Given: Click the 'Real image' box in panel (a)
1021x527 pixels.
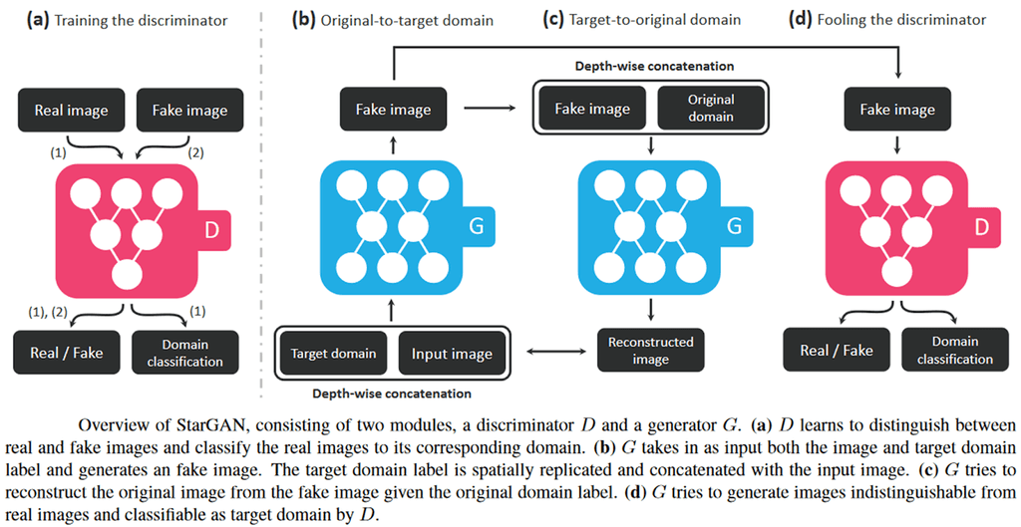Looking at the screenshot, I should coord(71,111).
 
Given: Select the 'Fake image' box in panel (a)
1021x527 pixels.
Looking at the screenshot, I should coord(189,111).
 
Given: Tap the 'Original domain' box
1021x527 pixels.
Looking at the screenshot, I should coord(711,108).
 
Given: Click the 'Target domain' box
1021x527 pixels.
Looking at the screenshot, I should coord(333,354).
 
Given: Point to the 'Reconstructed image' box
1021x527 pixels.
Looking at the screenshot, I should coord(650,350).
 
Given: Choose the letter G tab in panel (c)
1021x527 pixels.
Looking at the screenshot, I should coord(734,226).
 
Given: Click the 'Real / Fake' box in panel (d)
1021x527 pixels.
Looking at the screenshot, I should coord(837,350).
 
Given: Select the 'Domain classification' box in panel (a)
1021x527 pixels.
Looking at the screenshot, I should coord(185,353).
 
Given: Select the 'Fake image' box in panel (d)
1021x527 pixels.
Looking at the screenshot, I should coord(897,110).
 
